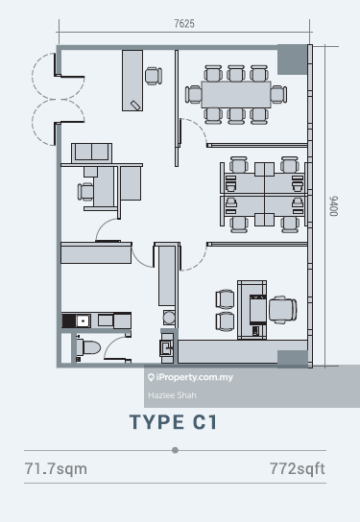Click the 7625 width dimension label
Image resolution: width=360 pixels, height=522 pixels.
(x=184, y=24)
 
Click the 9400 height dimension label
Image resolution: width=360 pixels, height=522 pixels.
(x=333, y=206)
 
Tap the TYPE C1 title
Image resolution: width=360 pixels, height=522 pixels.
(x=174, y=422)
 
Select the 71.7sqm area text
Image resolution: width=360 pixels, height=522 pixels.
(x=56, y=468)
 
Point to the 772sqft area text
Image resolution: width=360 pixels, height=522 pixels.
(x=297, y=468)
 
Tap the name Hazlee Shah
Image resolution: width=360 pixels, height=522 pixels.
(x=172, y=395)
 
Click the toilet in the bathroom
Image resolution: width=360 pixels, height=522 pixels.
(x=88, y=347)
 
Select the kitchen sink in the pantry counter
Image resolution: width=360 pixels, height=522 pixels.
(x=83, y=320)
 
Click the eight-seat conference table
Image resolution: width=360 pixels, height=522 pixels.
(x=236, y=95)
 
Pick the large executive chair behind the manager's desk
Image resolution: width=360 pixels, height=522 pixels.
(x=283, y=310)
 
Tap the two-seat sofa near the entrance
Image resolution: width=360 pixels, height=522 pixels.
(x=91, y=153)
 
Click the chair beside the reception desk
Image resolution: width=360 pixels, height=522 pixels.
(x=154, y=76)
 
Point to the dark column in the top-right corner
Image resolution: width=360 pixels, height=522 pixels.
(x=293, y=59)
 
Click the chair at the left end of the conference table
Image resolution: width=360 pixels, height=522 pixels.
(x=194, y=95)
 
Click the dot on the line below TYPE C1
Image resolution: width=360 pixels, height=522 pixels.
(x=175, y=450)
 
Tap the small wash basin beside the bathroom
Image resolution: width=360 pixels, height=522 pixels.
(x=166, y=347)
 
